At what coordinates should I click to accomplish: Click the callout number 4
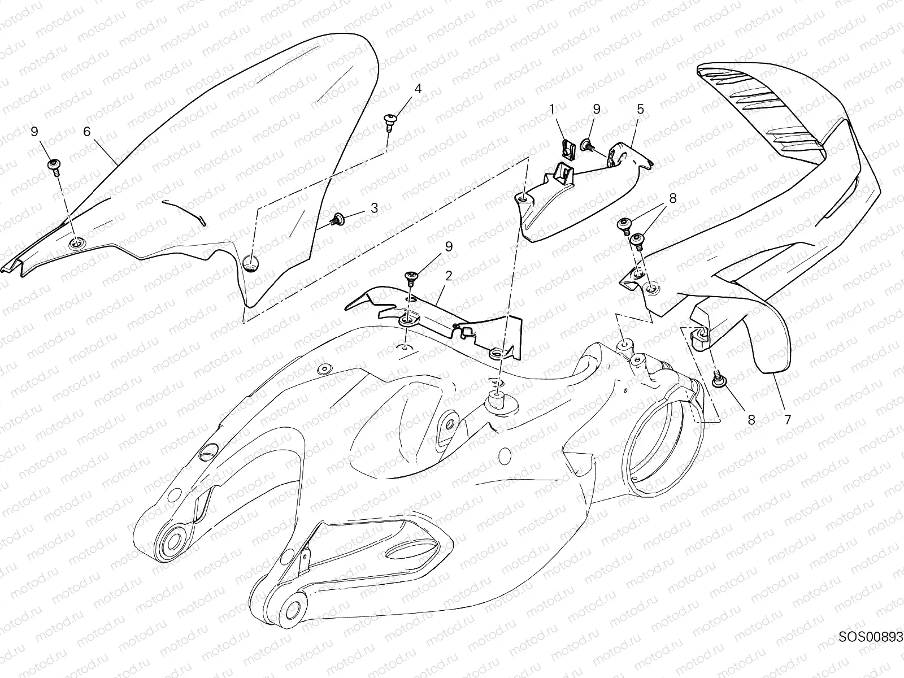point(418,89)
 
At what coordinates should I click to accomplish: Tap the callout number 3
point(374,208)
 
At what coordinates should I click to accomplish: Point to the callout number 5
point(640,109)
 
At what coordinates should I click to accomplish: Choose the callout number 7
point(787,420)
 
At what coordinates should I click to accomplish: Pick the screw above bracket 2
point(411,277)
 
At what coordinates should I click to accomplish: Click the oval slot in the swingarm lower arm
point(411,551)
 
